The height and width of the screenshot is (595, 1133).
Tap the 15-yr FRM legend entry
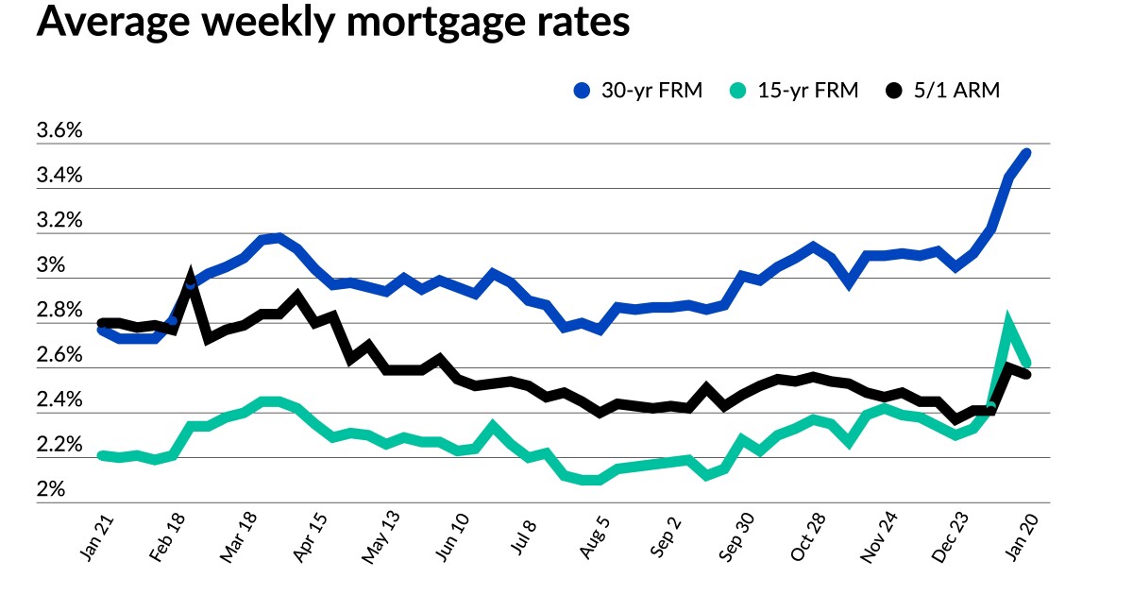coord(795,92)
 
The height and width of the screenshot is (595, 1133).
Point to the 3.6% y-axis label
coord(59,131)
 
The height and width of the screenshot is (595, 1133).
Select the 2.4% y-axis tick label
coord(59,400)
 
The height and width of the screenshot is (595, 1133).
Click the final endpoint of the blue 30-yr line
coord(1025,152)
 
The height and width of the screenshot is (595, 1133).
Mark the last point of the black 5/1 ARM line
coord(1025,375)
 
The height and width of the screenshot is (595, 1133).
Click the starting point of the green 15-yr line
coord(102,455)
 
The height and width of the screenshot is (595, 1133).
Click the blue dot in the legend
coord(582,92)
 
